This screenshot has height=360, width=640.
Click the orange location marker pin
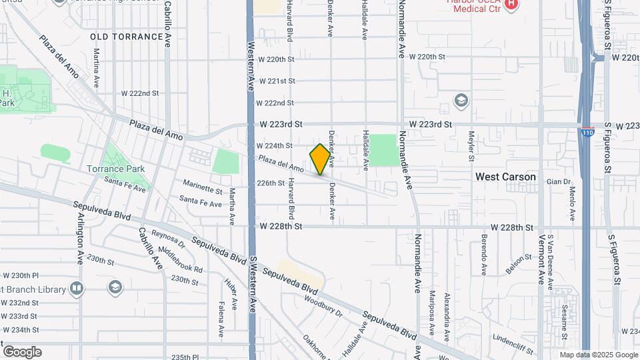tap(320, 159)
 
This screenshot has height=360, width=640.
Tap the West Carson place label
tap(505, 177)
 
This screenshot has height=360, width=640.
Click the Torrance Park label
tap(116, 169)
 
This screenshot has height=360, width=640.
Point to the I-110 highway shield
tap(587, 132)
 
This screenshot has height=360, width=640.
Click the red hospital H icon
tap(511, 5)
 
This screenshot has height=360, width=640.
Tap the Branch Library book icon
tap(77, 289)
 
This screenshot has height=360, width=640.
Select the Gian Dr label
tap(559, 181)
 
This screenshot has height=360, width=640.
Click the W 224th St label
tap(275, 145)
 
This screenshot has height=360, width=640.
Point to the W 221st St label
tap(277, 81)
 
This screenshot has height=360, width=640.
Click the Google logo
tap(22, 351)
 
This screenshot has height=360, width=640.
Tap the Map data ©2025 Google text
tap(599, 355)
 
